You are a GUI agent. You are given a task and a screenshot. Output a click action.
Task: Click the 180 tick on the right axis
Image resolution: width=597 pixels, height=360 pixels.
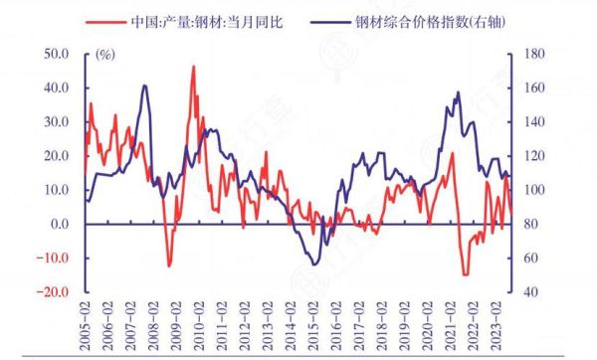tap(528, 53)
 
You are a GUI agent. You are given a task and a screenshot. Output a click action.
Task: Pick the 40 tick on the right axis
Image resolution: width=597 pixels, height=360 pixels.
tap(524, 292)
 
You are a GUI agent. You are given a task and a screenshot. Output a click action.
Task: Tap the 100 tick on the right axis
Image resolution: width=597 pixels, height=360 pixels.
tap(528, 190)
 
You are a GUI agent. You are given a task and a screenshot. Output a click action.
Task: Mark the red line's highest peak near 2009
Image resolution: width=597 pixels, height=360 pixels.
tap(193, 67)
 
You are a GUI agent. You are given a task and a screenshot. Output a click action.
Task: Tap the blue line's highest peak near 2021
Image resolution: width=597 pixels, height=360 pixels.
tap(458, 92)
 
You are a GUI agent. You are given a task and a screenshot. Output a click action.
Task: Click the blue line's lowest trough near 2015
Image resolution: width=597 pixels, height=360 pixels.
tap(315, 264)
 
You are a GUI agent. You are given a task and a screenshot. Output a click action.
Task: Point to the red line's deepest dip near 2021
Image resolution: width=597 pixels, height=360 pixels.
tap(465, 273)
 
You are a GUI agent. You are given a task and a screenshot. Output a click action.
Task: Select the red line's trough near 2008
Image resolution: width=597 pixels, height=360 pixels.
tap(168, 266)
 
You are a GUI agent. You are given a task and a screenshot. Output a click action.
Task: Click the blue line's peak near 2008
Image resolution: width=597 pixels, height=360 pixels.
tap(145, 86)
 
